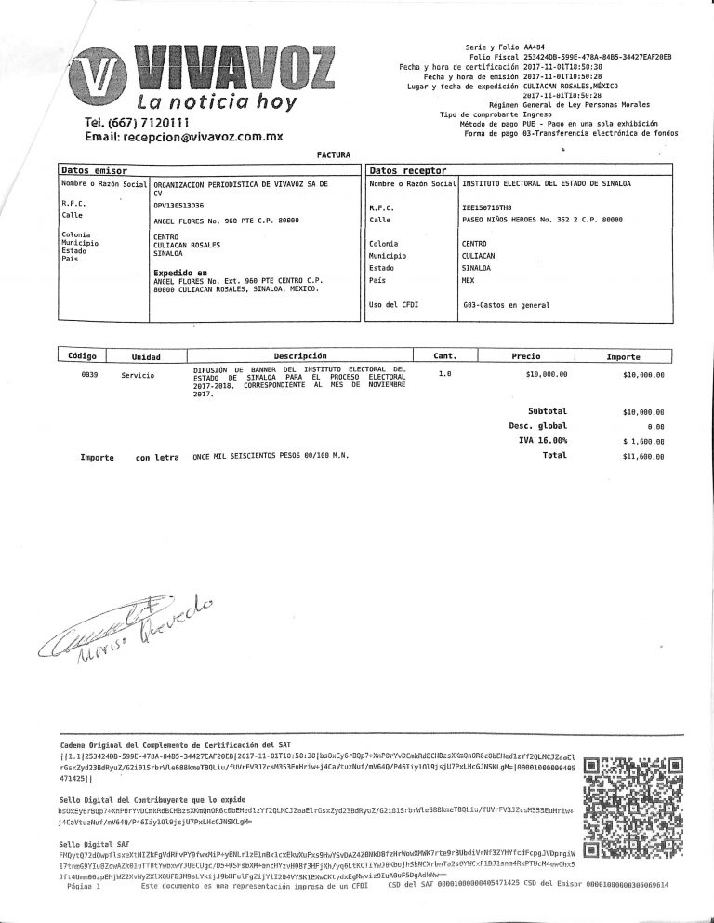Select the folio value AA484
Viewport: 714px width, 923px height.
[535, 46]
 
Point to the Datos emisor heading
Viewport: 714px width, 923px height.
[93, 171]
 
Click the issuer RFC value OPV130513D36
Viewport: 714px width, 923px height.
[178, 204]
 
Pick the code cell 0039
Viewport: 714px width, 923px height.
[90, 374]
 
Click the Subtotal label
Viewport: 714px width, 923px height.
[548, 410]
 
